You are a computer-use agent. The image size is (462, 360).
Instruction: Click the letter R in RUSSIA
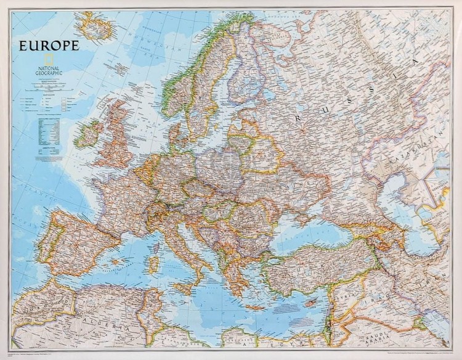pyautogui.click(x=299, y=117)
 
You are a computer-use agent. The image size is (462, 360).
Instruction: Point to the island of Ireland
pyautogui.click(x=89, y=133)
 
